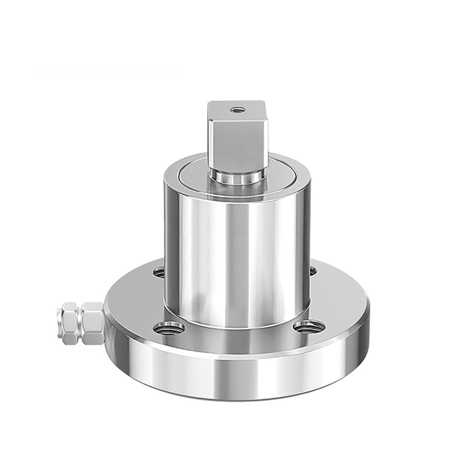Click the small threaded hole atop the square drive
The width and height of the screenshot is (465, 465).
tap(237, 110)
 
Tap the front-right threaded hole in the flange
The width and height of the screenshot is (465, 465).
tap(308, 326)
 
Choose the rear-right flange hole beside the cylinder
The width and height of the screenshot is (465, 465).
tap(312, 270)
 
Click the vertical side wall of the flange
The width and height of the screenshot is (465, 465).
tap(238, 375)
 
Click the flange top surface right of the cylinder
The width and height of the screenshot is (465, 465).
tap(338, 300)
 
